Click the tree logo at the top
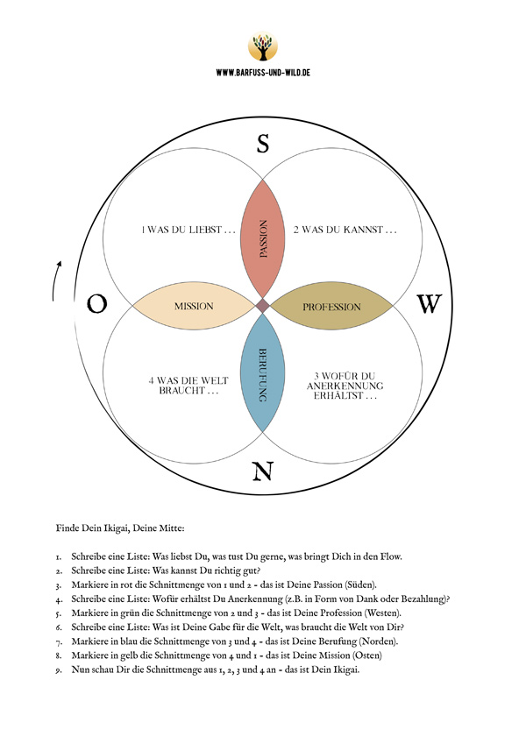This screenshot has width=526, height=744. (262, 46)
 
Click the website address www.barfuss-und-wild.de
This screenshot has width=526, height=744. (263, 73)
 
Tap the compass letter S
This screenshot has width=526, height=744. (263, 143)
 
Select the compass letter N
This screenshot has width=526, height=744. (262, 471)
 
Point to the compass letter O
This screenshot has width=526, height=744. (96, 304)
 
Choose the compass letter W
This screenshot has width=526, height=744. (430, 304)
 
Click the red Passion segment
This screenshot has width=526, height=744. (262, 238)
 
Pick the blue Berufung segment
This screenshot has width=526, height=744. (262, 372)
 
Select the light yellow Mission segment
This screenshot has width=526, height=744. (194, 306)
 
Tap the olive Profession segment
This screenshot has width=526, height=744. (331, 307)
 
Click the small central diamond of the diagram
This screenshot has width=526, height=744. (262, 306)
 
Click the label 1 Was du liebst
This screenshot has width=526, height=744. (188, 230)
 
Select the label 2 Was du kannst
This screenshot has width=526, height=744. (345, 230)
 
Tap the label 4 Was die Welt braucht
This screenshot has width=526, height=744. (188, 386)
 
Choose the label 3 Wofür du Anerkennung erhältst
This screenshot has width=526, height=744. (345, 386)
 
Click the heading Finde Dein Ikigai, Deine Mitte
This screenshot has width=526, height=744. (120, 528)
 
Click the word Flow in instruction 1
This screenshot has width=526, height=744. (391, 556)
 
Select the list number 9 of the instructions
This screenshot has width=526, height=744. (59, 670)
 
